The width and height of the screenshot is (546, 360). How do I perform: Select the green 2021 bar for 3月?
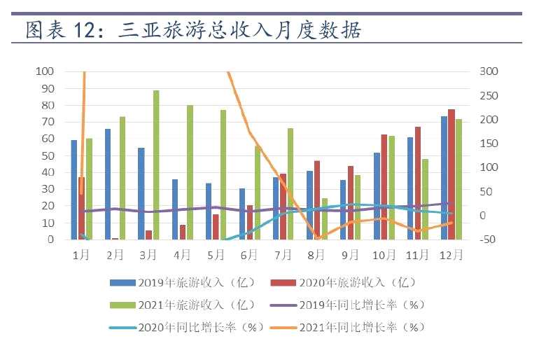pos(156,165)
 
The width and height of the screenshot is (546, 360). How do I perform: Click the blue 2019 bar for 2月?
pos(108,184)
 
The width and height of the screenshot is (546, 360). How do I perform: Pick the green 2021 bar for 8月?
pos(324,219)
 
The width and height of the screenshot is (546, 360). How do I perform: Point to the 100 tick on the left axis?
pos(45,71)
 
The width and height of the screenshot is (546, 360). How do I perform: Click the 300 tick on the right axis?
pos(489,71)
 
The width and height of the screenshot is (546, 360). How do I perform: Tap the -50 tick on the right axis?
pos(489,240)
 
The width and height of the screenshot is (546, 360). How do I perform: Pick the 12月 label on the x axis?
pos(451,255)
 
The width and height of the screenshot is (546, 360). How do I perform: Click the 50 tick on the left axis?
pos(47,155)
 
